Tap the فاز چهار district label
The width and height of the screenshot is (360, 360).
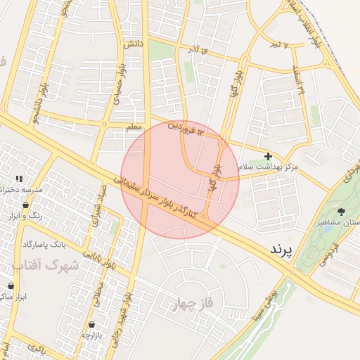click(x=192, y=304)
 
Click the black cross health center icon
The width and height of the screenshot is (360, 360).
click(x=268, y=156)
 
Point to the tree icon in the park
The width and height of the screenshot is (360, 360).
click(x=341, y=211)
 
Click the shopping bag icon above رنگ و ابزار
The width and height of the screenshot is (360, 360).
click(x=26, y=205)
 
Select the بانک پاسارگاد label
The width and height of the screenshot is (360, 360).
click(x=44, y=244)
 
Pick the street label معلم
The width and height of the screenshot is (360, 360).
click(x=133, y=127)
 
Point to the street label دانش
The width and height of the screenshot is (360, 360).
click(x=132, y=44)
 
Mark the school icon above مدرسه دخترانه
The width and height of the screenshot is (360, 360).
click(x=18, y=179)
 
